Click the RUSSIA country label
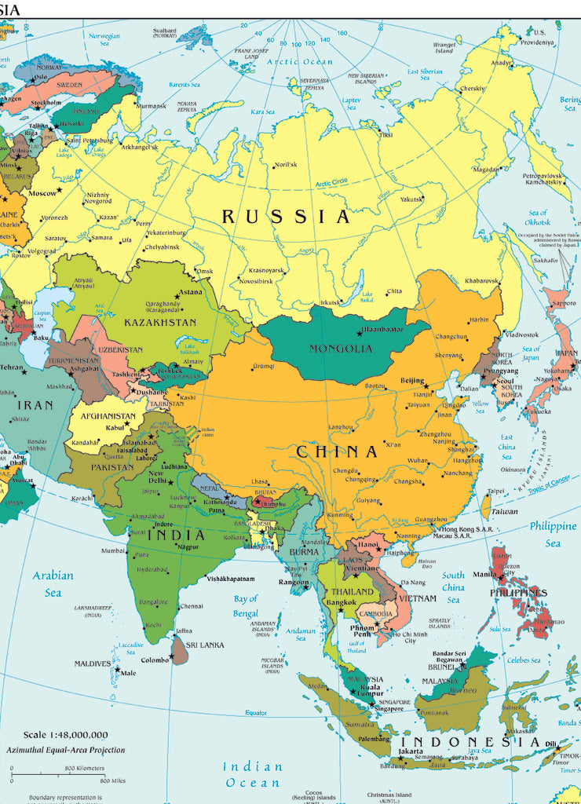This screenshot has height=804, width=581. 286,217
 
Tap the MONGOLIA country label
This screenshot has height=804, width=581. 341,349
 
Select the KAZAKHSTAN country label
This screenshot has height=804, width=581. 160,322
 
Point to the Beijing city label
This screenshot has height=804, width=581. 412,381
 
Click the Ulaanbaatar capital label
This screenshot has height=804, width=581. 382,330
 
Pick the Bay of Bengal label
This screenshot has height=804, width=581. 246,606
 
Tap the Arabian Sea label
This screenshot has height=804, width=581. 53,583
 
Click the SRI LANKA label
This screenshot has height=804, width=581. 206,645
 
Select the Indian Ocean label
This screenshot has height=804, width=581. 252,774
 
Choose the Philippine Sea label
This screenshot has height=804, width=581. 553,534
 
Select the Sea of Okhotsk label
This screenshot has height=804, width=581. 538,217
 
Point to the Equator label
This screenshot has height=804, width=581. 256,712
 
